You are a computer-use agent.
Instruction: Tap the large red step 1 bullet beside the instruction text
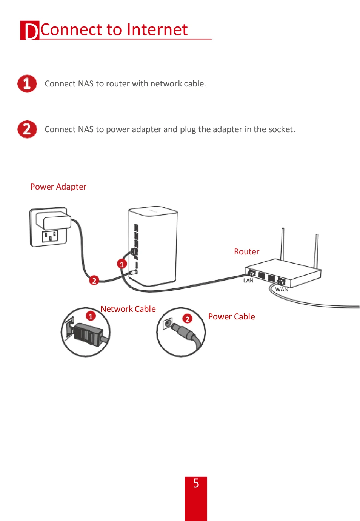point(27,83)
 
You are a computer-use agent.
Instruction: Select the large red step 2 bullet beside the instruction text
point(27,129)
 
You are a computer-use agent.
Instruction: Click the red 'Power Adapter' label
point(58,187)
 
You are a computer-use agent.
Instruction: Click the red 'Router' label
point(246,252)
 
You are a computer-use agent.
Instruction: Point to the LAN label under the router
point(248,281)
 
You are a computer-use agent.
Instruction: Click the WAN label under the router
point(282,290)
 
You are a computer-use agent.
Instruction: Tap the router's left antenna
point(282,244)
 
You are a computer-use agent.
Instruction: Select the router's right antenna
point(317,251)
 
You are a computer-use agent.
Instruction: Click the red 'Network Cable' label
point(128,309)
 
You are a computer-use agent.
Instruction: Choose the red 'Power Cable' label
point(231,317)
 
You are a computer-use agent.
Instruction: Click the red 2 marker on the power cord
point(94,281)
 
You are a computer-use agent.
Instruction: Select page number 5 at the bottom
point(196,483)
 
